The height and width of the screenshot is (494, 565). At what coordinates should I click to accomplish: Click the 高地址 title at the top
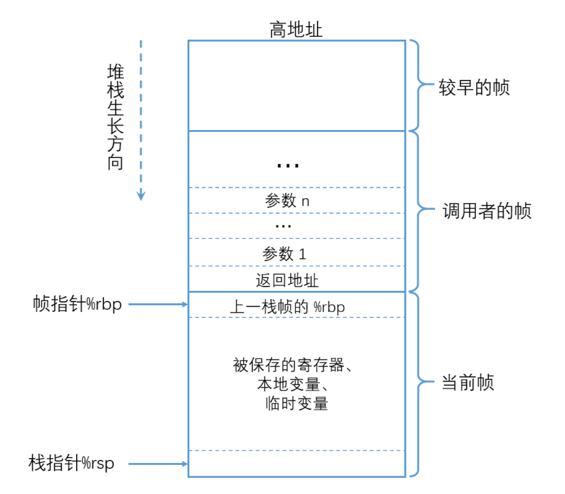296,29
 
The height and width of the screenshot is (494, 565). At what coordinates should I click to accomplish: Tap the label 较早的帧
474,87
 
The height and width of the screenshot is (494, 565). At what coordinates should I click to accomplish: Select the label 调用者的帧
487,212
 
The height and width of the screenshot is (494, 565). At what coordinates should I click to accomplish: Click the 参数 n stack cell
287,201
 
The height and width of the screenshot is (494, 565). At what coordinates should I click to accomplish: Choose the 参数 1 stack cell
285,253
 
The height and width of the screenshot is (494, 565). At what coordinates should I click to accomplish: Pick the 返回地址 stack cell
287,280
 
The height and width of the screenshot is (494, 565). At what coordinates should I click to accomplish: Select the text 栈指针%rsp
72,463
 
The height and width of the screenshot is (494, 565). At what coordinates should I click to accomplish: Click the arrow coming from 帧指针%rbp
158,305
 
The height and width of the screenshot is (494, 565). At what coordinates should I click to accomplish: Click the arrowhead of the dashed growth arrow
141,196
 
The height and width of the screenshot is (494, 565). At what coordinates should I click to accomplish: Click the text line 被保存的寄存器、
293,365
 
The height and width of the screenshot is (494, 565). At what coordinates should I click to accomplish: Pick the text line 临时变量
295,404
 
